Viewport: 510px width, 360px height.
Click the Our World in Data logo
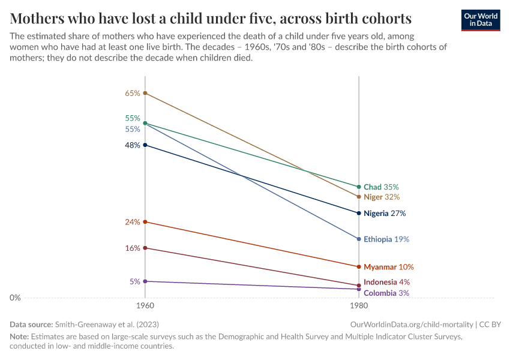[x=480, y=20]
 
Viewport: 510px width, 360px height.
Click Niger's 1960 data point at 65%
[x=145, y=93]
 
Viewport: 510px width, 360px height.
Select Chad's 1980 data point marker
[x=359, y=187]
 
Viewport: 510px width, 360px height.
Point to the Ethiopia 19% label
[x=386, y=239]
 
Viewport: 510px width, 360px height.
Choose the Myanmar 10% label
[x=388, y=267]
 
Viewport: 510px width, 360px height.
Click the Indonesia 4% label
[x=386, y=282]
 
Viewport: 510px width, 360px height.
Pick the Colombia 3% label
[x=386, y=293]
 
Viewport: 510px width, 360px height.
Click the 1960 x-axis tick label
[x=145, y=306]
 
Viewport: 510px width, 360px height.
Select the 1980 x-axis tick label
[x=359, y=306]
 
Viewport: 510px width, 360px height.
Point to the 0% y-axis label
[x=16, y=298]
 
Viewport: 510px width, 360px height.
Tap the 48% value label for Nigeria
[x=133, y=145]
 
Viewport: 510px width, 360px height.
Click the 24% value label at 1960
[x=133, y=222]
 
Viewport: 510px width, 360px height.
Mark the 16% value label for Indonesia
[x=133, y=248]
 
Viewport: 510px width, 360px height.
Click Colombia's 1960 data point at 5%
[x=145, y=281]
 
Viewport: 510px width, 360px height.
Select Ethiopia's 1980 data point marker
[x=359, y=239]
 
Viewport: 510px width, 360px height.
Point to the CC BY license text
[x=490, y=324]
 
